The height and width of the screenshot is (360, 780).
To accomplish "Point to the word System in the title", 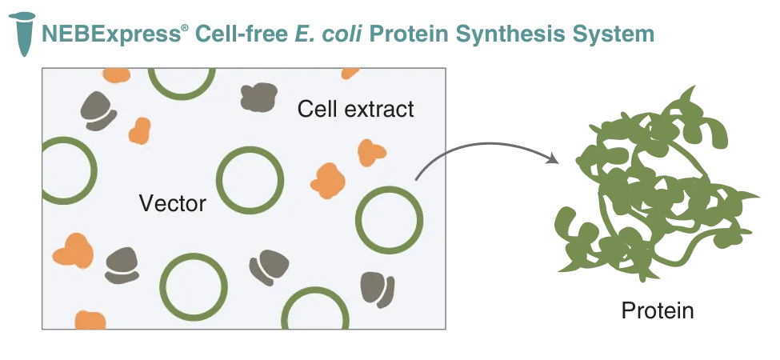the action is pos(614,34).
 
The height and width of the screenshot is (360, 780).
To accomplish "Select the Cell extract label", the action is pos(356,108).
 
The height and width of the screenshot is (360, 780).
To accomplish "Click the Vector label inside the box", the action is pos(173,203).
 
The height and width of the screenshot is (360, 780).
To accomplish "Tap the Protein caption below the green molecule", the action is pos(657,310).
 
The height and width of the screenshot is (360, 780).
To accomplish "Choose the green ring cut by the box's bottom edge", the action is pos(315,288).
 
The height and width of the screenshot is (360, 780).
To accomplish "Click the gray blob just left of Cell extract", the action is pos(259,97).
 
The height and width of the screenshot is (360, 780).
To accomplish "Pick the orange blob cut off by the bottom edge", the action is pos(90,320).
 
